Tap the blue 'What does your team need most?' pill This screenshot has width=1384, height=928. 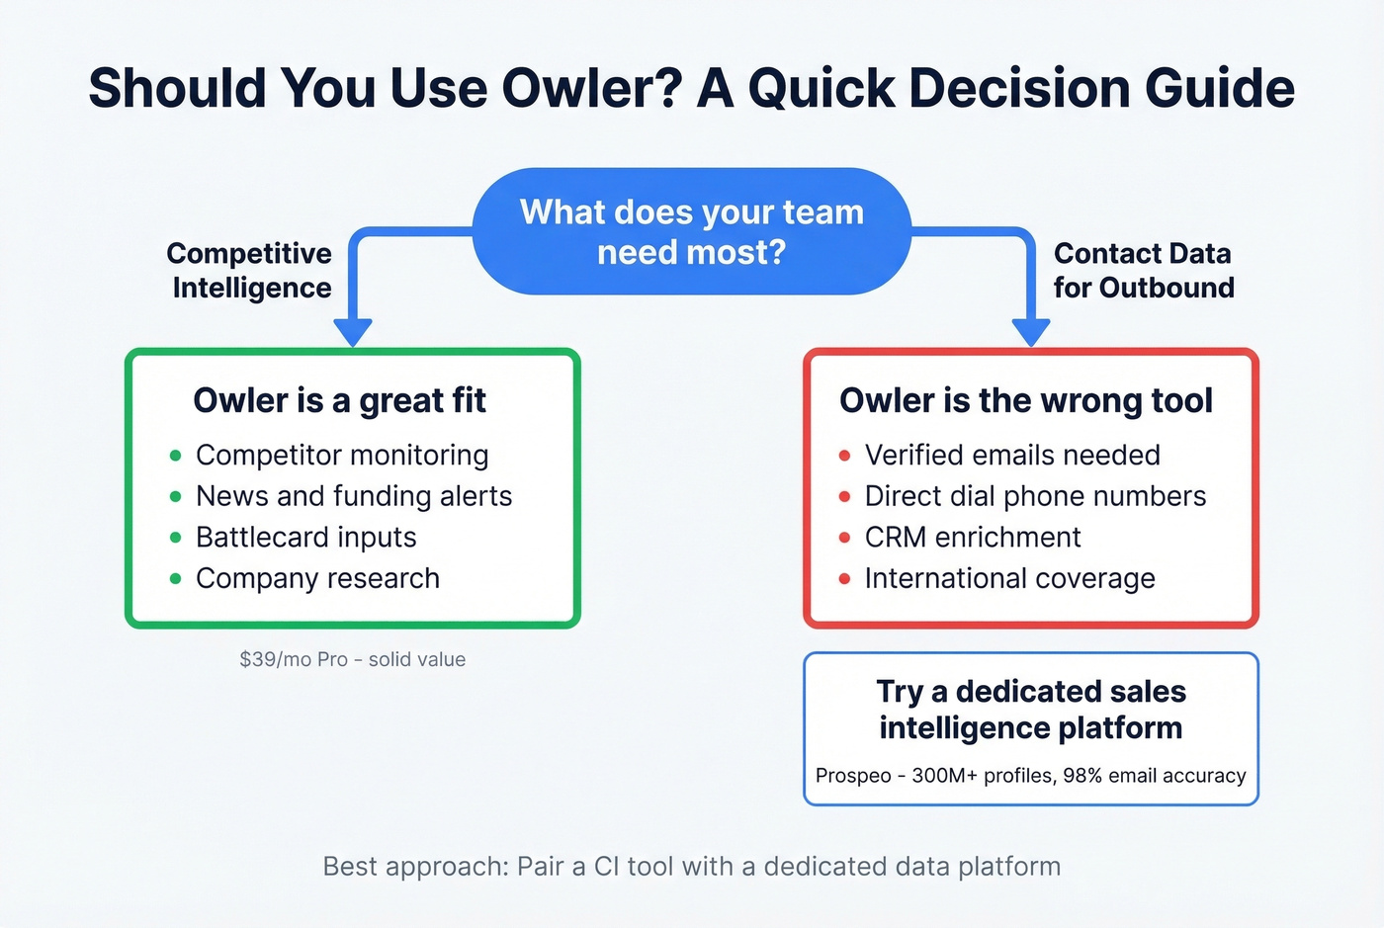tap(691, 232)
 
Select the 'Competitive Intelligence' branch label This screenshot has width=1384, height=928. tap(250, 270)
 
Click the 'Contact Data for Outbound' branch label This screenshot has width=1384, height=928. tap(1143, 270)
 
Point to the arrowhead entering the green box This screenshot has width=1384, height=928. tap(353, 332)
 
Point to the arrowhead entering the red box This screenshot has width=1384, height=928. tap(1031, 332)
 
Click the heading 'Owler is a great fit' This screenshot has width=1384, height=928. tap(339, 400)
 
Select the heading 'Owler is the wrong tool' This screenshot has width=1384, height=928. tap(1025, 400)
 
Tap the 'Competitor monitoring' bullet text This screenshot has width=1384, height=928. tap(342, 455)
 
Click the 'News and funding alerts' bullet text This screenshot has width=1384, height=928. tap(354, 496)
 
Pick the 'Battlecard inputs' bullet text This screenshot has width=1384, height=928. tap(305, 538)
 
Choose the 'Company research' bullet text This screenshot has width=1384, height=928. tap(317, 578)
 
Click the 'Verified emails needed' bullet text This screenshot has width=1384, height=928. tap(1012, 455)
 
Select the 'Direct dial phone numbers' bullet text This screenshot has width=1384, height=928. tap(1035, 496)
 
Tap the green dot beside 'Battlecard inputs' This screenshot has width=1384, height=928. tap(176, 538)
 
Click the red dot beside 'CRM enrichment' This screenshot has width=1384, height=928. tap(844, 538)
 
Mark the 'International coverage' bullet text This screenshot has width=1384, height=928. tap(1009, 578)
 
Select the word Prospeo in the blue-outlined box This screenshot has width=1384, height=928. tap(853, 776)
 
